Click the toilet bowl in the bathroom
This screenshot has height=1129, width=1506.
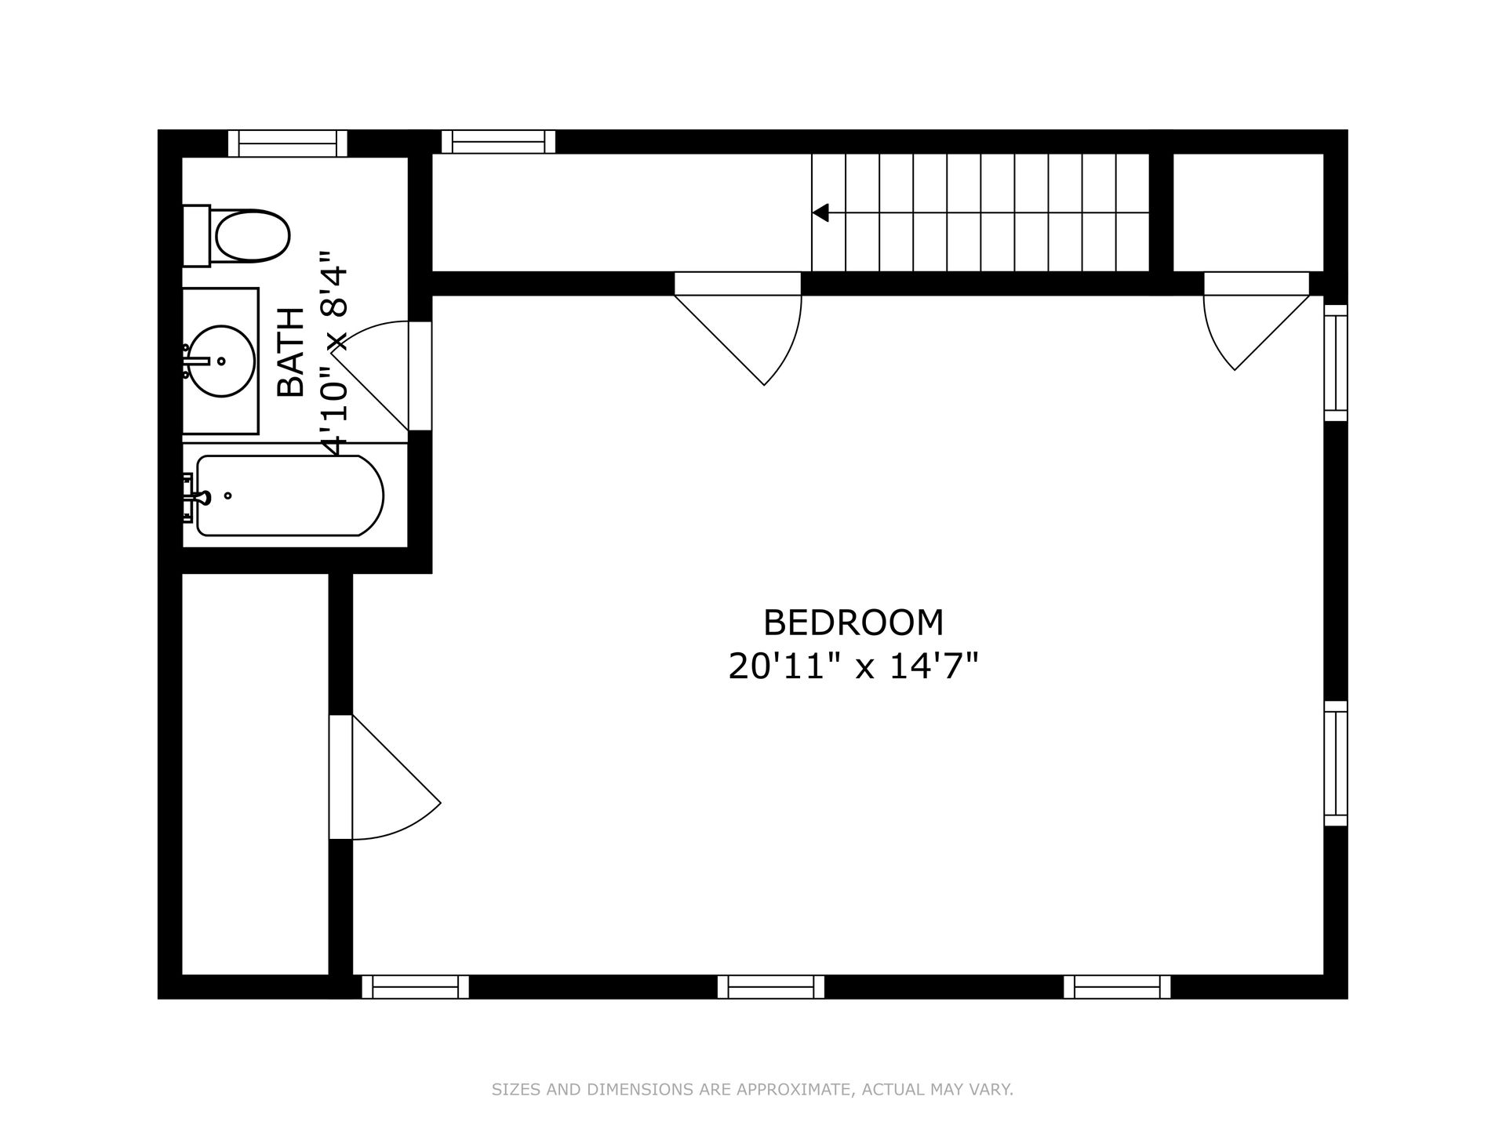pos(252,235)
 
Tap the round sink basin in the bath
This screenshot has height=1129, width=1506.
pos(221,361)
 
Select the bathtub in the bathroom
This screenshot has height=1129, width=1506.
pos(289,496)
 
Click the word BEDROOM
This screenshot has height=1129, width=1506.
pos(853,623)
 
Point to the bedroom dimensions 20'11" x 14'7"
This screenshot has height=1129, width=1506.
pos(853,667)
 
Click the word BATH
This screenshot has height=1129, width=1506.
pos(291,352)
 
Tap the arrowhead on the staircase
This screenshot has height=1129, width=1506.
pos(820,212)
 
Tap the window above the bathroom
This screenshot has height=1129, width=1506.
pos(288,143)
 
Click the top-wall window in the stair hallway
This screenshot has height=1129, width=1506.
pos(498,142)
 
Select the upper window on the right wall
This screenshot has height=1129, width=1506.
pos(1336,362)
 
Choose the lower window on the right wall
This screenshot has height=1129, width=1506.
pos(1336,764)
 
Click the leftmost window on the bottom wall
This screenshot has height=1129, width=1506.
pos(415,986)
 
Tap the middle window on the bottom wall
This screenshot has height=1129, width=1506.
pos(771,986)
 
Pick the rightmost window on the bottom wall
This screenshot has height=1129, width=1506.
pos(1117,986)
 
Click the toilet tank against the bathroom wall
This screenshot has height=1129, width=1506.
pos(196,236)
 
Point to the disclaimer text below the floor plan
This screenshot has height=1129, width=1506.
pos(752,1089)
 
